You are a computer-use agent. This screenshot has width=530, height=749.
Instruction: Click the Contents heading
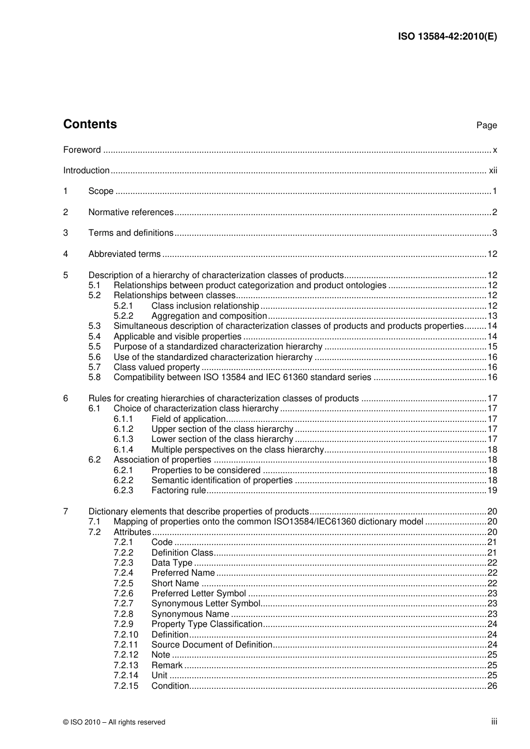click(90, 124)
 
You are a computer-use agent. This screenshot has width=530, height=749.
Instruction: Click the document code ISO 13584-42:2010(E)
click(447, 37)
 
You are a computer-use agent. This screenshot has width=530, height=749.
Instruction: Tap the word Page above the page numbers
click(486, 125)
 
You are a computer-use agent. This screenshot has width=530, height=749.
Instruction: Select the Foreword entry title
click(82, 150)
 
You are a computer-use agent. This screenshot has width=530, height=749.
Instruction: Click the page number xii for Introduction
click(493, 171)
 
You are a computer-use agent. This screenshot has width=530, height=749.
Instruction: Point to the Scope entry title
click(100, 191)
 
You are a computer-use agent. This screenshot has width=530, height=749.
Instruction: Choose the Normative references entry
click(131, 212)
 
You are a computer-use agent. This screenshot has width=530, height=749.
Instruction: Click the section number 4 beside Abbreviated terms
click(65, 254)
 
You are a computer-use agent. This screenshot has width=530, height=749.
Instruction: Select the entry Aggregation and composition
click(209, 316)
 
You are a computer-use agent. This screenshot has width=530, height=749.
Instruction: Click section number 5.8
click(94, 377)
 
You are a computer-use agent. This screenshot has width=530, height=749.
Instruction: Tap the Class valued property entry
click(156, 367)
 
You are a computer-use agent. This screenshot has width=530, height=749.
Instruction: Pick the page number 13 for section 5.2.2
click(492, 316)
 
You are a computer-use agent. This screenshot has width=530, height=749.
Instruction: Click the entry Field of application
click(188, 419)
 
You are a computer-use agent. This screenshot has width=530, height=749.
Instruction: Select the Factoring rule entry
click(179, 490)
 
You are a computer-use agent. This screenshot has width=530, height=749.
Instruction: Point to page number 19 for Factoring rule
click(492, 490)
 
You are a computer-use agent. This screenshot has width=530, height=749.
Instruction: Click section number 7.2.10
click(126, 635)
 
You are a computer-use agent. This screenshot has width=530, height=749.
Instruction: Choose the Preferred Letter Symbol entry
click(199, 594)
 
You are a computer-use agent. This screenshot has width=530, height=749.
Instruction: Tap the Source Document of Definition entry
click(211, 645)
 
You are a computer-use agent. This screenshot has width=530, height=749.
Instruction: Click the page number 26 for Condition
click(492, 686)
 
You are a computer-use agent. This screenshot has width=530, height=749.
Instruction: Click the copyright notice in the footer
click(114, 722)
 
